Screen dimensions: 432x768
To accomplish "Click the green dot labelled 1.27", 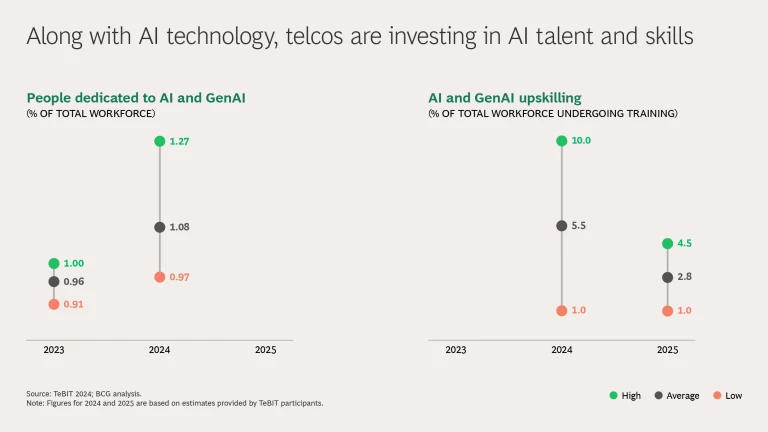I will [x=160, y=141].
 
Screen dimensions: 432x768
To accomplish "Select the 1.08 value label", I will [x=179, y=227].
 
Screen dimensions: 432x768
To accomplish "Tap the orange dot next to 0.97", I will [x=160, y=277].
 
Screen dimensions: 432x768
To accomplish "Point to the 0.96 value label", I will [x=73, y=282].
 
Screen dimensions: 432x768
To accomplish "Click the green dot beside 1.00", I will [x=54, y=264].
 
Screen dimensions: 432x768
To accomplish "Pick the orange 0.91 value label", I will [x=73, y=304].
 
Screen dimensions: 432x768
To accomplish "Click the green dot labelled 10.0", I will [x=562, y=141].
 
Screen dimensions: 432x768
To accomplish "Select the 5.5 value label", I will [x=578, y=226].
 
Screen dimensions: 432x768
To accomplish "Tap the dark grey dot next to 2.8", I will [x=667, y=277].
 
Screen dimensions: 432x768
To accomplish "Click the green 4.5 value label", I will [x=684, y=243].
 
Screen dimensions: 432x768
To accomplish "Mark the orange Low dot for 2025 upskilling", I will [x=667, y=311].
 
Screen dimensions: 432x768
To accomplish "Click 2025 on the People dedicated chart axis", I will [x=265, y=350].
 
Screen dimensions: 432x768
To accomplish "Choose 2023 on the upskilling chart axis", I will [x=456, y=350].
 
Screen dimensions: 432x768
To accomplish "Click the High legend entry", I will [x=625, y=396].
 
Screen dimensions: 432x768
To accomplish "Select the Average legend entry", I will [x=677, y=396].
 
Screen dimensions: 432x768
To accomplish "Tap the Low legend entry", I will [x=727, y=396].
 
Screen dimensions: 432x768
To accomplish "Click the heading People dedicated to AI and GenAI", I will [x=136, y=98].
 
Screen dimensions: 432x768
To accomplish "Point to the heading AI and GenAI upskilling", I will [x=505, y=98].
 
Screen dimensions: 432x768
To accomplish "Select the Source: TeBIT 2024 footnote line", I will [x=84, y=394].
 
